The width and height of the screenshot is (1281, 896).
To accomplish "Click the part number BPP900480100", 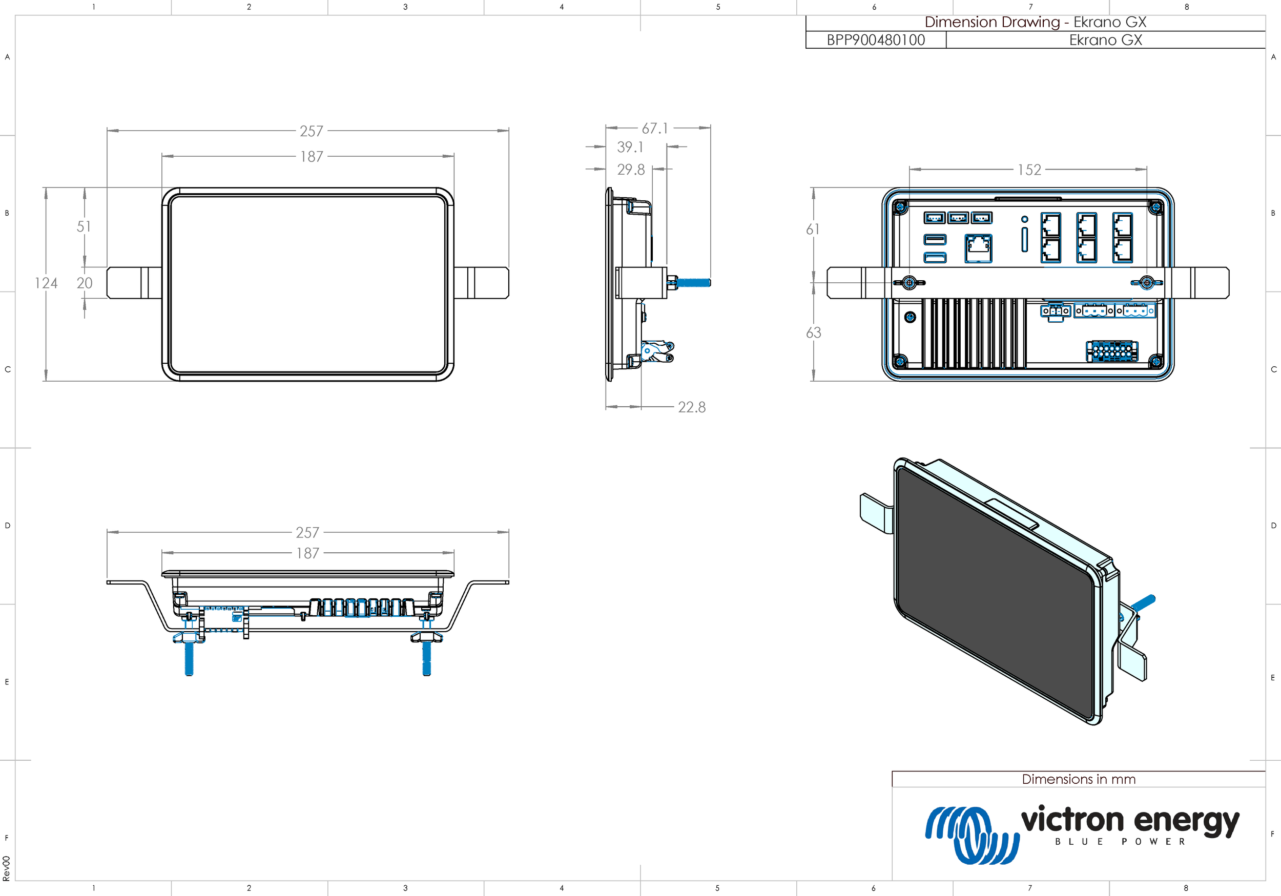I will coord(875,40).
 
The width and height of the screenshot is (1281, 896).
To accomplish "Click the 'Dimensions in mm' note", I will coord(1078,779).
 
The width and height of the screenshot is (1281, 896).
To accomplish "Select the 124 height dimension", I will coord(46,283).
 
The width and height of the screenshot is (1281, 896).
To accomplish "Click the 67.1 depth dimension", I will coord(654,128).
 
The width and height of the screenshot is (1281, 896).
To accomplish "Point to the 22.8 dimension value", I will coord(691,407).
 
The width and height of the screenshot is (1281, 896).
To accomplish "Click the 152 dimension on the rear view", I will coord(1029,170).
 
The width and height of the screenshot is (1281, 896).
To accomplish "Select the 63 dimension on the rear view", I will coord(814,333).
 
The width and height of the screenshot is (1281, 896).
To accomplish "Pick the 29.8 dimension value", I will coord(630,170).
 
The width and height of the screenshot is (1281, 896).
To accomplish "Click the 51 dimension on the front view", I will coord(84,226).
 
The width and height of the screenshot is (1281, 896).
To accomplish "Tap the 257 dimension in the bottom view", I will coord(307,533).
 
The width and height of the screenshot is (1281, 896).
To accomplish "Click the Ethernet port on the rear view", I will coord(978,248).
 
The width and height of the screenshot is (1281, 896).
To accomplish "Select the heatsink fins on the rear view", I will coord(974,334).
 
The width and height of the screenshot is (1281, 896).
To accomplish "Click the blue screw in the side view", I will coord(693,283).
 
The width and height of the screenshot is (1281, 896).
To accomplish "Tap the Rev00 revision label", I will coord(6,868).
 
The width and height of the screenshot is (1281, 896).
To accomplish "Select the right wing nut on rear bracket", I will coord(1147,283).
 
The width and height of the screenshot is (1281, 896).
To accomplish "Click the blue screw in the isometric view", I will coord(1144,602).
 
